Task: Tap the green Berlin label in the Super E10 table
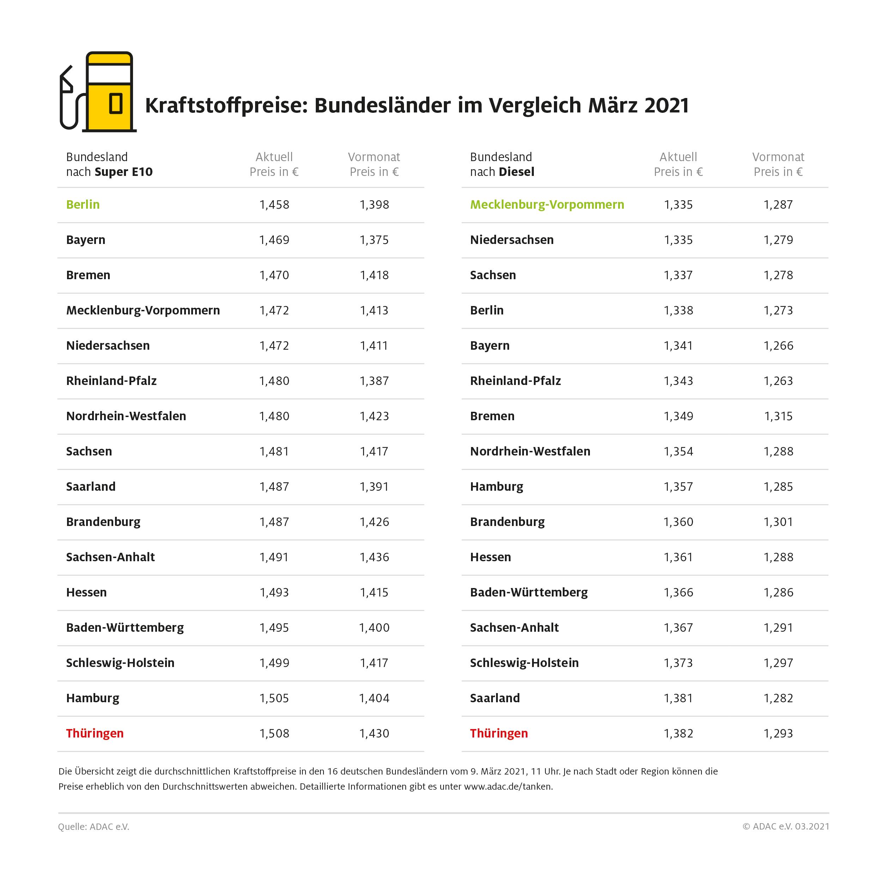[83, 204]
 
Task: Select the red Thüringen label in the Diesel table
[499, 733]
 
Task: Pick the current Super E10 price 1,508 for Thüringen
[274, 733]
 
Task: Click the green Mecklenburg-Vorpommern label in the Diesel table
[547, 204]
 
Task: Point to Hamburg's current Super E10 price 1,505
[274, 698]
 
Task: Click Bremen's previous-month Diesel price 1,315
[778, 416]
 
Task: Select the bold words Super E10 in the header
[123, 172]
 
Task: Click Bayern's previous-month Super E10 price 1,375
[374, 240]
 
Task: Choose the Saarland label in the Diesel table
[495, 698]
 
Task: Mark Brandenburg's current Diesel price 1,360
[678, 522]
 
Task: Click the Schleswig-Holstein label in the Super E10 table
[120, 663]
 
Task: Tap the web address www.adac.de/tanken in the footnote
[508, 786]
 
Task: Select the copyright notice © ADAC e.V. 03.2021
[786, 826]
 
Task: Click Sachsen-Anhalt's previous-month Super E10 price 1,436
[374, 557]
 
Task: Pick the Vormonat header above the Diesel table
[778, 157]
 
